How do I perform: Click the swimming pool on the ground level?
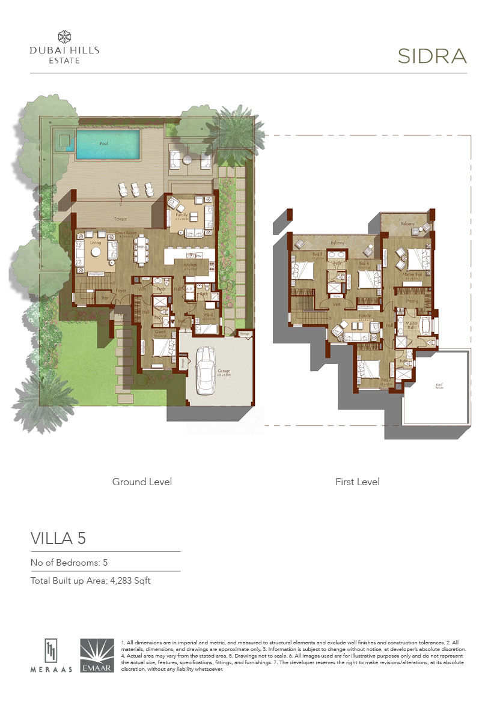[x=108, y=144]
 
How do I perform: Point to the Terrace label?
[x=121, y=219]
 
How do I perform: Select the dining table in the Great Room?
[x=142, y=255]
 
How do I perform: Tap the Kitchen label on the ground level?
[x=190, y=265]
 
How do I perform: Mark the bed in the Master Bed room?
[x=413, y=259]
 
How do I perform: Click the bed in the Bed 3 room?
[x=303, y=270]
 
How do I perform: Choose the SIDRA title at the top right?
[x=432, y=56]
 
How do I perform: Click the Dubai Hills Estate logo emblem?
[x=64, y=37]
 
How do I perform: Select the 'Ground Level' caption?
[x=142, y=482]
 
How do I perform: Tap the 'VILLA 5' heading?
[x=58, y=538]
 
